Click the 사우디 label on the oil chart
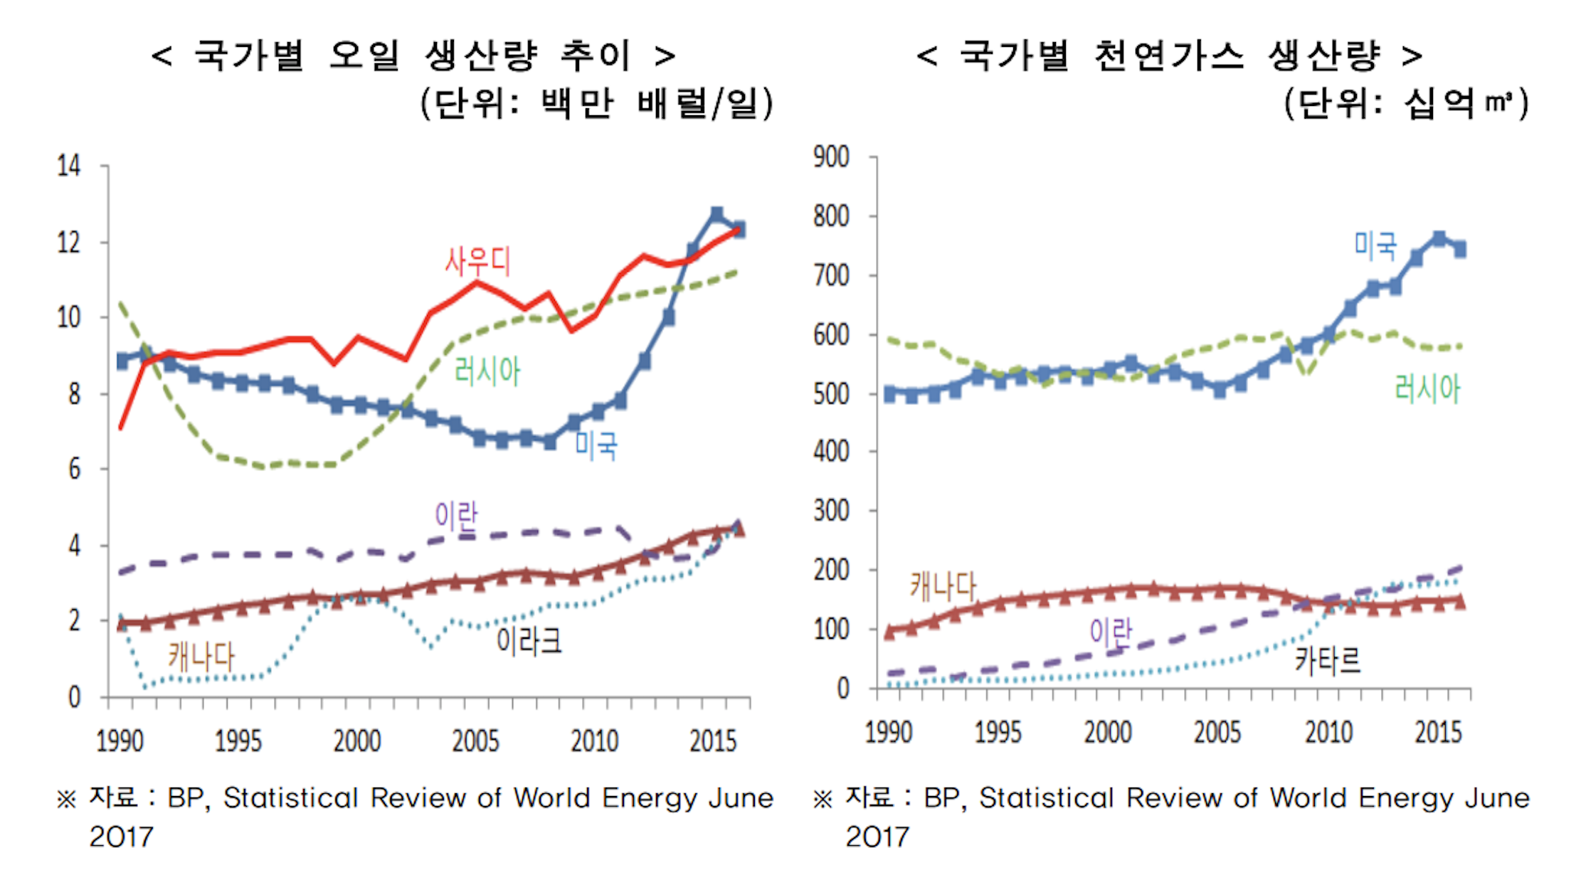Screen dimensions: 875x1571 tap(477, 261)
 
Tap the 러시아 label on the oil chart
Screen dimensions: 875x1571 tap(487, 371)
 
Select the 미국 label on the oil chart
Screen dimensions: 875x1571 tap(596, 445)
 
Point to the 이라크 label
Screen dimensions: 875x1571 tap(529, 641)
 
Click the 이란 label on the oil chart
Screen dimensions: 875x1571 tap(456, 515)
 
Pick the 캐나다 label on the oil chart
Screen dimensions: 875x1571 tap(201, 655)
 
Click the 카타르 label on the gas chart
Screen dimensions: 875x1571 tap(1327, 659)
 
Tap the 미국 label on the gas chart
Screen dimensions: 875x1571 tap(1375, 245)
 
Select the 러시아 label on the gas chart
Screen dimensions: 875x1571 tap(1427, 388)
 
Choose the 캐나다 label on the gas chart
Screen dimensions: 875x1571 tap(943, 586)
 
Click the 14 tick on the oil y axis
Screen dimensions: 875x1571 tap(69, 166)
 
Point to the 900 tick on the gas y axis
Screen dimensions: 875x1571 tap(831, 157)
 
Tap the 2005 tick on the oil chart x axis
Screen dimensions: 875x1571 tap(475, 741)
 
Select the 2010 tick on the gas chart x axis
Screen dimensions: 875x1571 tap(1328, 732)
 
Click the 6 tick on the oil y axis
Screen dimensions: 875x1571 tap(75, 469)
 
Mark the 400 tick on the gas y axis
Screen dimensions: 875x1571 tap(831, 451)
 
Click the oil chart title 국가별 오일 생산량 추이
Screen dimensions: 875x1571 tap(413, 55)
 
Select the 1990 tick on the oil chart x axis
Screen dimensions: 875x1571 tap(120, 741)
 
